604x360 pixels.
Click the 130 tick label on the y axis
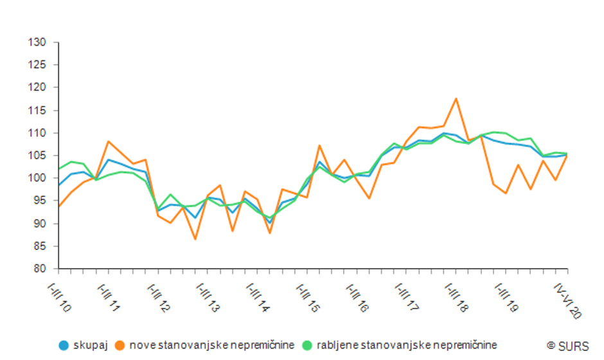point(37,42)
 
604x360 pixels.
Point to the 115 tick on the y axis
point(37,111)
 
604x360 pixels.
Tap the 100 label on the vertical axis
point(37,178)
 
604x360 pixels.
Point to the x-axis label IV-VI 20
point(569,298)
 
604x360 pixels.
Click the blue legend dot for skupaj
point(64,345)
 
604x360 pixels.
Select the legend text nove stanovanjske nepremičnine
point(212,345)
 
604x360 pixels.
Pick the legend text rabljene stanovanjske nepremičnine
point(407,345)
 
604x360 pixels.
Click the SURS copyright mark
point(568,345)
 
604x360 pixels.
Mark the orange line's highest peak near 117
point(456,99)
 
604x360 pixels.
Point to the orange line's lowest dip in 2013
point(195,239)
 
